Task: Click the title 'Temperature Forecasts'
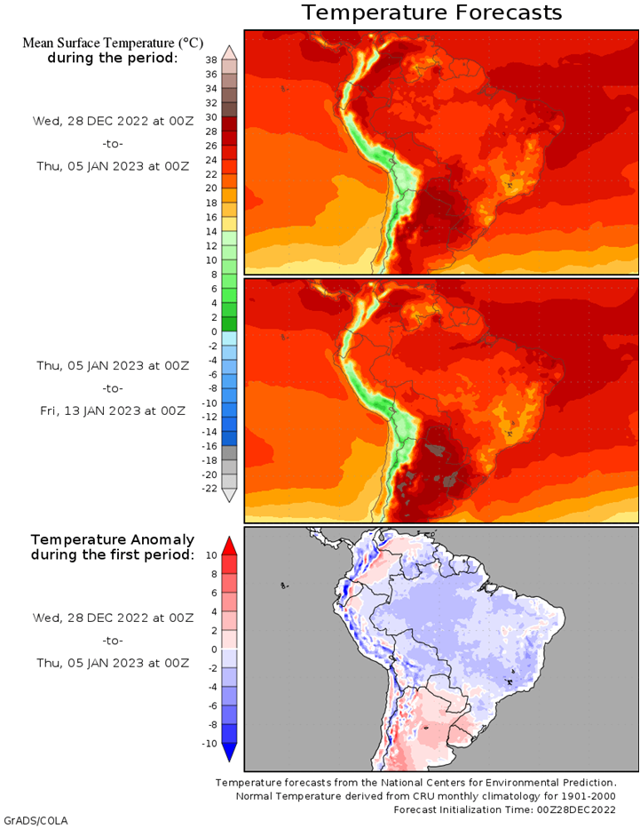(x=431, y=12)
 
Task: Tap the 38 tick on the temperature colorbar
(x=210, y=60)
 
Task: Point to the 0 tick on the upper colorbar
(x=210, y=331)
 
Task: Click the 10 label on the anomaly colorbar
(x=210, y=554)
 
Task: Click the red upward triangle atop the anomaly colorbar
(x=229, y=544)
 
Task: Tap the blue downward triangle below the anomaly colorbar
(x=229, y=753)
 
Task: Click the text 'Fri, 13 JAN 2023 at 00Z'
(x=111, y=411)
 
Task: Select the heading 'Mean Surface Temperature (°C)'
(x=112, y=42)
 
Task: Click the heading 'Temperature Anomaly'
(x=112, y=539)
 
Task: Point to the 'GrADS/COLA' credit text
(x=36, y=820)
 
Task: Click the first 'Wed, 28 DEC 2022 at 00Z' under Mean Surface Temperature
(x=111, y=120)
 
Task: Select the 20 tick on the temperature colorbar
(x=210, y=187)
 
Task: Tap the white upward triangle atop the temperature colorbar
(x=229, y=52)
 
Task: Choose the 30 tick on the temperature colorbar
(x=210, y=116)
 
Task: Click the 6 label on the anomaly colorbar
(x=212, y=593)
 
